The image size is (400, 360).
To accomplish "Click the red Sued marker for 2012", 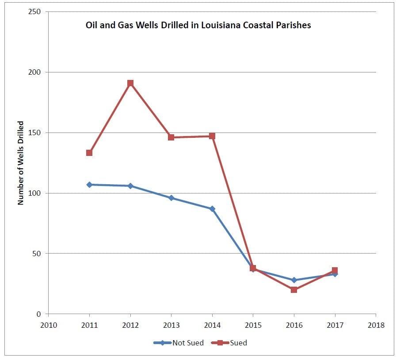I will click(x=130, y=83).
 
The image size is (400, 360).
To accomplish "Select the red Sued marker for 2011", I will click(x=89, y=153).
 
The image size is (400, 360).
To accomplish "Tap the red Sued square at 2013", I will click(x=171, y=137).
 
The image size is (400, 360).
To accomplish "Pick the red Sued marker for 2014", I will click(x=212, y=136).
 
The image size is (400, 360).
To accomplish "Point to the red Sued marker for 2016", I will click(x=294, y=290).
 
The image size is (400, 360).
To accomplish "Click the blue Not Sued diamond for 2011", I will click(x=89, y=185).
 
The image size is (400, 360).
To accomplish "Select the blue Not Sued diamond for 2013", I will click(x=171, y=198).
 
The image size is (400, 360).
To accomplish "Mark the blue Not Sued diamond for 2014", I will click(x=212, y=208).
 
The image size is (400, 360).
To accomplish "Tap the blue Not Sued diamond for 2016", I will click(x=294, y=280).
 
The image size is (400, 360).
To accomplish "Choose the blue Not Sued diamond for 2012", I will click(x=130, y=186).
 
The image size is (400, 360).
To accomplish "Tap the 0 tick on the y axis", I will click(x=40, y=314).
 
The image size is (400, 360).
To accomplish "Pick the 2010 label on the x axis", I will click(x=49, y=325).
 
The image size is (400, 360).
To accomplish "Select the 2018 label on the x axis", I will click(x=376, y=325).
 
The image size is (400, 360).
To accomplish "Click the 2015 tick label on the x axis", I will click(x=253, y=325).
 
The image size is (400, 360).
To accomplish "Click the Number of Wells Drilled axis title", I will click(x=20, y=163).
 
